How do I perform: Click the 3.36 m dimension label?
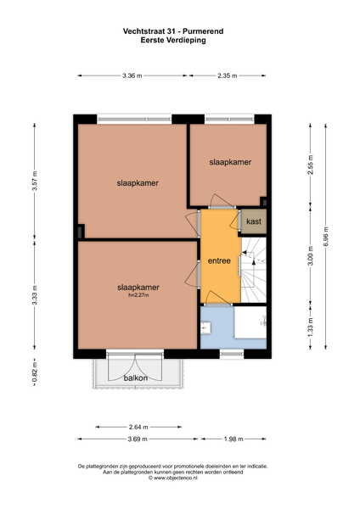point(132,76)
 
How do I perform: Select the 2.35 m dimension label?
point(227,76)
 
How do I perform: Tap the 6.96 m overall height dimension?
point(326,236)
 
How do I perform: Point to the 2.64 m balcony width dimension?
point(138,427)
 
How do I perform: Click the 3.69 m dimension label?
point(138,439)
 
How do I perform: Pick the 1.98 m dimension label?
point(233,439)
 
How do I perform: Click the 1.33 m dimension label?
point(310,327)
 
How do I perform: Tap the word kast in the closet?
point(254,221)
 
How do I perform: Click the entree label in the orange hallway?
point(219,260)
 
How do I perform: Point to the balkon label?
point(136,378)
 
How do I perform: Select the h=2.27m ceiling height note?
point(138,295)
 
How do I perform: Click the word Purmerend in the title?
point(203,31)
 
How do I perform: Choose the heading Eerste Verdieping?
point(173,40)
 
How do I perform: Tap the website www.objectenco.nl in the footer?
point(173,478)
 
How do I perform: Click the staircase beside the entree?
point(254,270)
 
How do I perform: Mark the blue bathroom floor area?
point(217,328)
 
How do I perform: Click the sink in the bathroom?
point(205,327)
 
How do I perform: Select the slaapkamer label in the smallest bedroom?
point(230,162)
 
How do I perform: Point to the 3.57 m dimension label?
point(35,181)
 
